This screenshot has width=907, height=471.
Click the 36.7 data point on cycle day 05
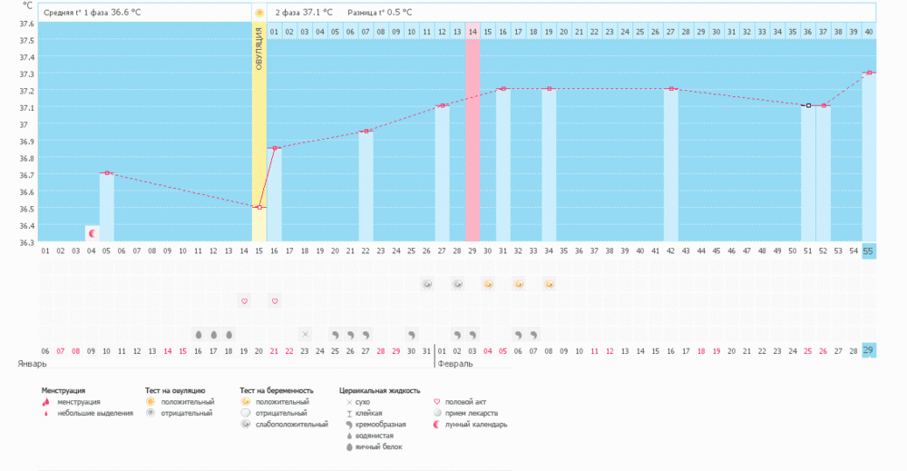[106, 172]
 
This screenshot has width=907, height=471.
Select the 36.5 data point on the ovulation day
[258, 207]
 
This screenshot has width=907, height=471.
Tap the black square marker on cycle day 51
[807, 105]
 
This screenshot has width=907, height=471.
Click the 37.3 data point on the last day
[869, 73]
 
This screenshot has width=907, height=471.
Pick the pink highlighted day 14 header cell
[473, 32]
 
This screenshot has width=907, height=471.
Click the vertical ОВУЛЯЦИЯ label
[258, 64]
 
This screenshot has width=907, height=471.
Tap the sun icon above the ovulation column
[259, 13]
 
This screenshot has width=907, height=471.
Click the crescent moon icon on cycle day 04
[92, 233]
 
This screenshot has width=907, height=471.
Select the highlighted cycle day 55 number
[869, 251]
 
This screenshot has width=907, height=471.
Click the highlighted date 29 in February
[869, 350]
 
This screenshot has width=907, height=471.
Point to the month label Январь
[33, 363]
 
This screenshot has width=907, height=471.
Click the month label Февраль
[455, 363]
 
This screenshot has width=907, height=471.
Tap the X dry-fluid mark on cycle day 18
[305, 334]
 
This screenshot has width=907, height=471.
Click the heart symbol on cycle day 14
[243, 300]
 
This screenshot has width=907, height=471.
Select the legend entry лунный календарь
[482, 424]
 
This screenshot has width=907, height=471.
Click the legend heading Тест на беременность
[277, 390]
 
